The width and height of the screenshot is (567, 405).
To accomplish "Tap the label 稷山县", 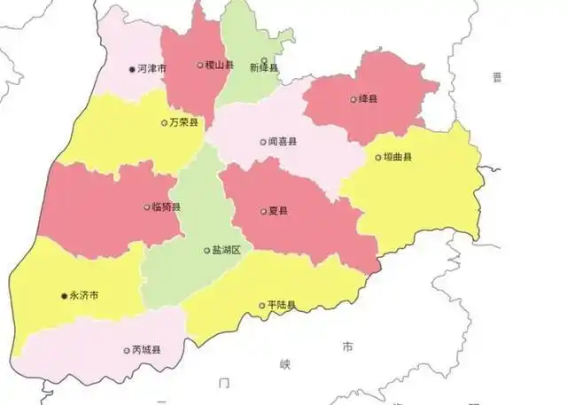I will point(219,65).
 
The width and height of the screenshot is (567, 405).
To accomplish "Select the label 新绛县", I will point(264,68).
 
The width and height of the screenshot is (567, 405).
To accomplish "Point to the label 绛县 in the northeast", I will point(368,99).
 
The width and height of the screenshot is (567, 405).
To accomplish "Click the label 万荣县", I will point(184,123).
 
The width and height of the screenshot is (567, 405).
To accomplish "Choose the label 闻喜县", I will point(283,141).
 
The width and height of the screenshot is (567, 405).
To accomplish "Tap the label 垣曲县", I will point(398,158).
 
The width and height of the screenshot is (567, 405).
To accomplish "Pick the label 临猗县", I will point(167,207).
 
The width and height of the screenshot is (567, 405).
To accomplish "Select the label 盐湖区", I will point(227,251).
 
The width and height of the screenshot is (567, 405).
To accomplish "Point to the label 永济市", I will point(85,295).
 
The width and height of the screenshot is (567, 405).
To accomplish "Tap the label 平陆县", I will point(282,306).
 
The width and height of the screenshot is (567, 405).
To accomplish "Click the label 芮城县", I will point(146,350).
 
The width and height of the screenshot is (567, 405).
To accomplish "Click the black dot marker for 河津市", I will point(133,68).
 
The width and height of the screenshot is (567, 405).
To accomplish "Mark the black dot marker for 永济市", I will point(64,295).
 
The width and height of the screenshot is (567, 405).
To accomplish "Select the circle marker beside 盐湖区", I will point(206,251).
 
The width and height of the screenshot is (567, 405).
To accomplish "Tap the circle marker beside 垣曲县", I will point(377,158).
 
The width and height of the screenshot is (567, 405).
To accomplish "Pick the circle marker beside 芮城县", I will point(126,350).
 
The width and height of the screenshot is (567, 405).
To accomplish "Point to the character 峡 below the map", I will point(285,364).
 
